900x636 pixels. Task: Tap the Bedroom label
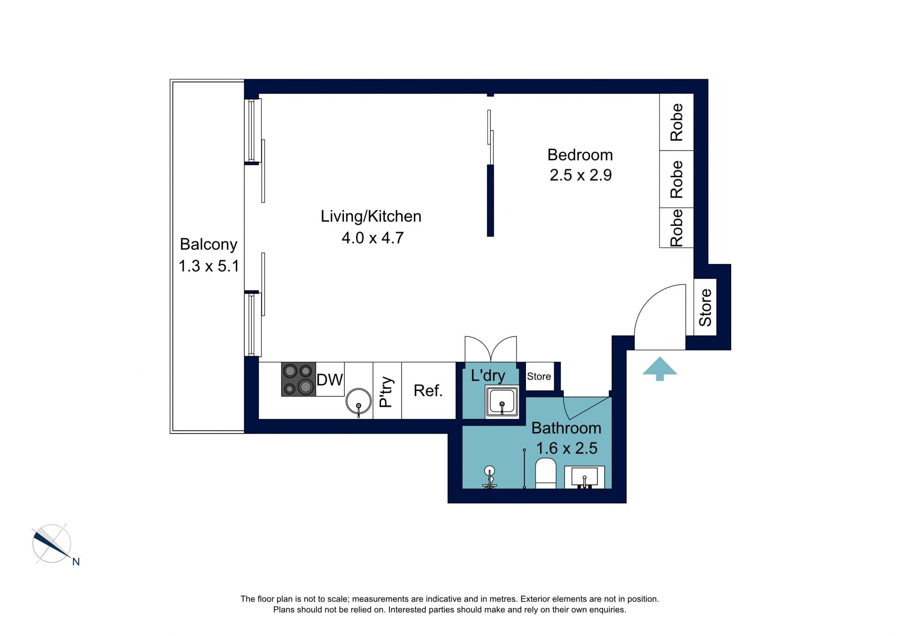tap(580, 155)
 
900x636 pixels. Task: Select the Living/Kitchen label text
tap(371, 216)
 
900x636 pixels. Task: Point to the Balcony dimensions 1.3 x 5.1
tap(209, 266)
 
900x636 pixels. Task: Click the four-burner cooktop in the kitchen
tap(299, 379)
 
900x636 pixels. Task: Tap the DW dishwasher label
tap(330, 380)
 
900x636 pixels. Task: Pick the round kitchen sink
tap(359, 401)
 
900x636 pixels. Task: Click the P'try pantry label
tap(386, 392)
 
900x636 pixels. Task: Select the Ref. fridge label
tap(428, 390)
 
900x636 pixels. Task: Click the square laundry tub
tap(502, 401)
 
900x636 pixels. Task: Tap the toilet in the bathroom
tap(545, 473)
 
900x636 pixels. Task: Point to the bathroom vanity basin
tap(584, 477)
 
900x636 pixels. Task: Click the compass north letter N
tap(75, 561)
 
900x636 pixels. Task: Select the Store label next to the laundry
tap(539, 376)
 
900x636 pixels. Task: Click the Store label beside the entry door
tap(705, 307)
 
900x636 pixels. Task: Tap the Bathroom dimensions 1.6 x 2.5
tap(566, 448)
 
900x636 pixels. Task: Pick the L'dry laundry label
tap(488, 375)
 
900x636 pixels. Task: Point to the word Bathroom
tap(566, 428)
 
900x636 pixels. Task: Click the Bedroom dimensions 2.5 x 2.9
tap(580, 175)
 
